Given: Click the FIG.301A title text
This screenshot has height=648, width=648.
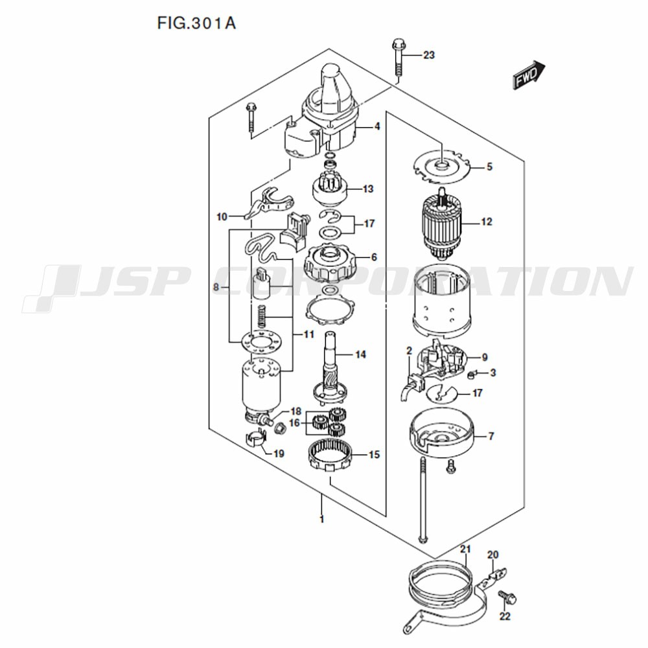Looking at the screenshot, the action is coord(196,23).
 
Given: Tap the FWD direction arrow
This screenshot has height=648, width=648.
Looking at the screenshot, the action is coord(529,75).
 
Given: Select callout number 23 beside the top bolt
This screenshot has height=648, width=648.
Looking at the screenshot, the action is coord(428,55).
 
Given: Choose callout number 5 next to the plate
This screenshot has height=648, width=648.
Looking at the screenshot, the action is coord(489,167).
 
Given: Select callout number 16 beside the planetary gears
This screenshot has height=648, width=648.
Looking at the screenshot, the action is coord(294,423).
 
